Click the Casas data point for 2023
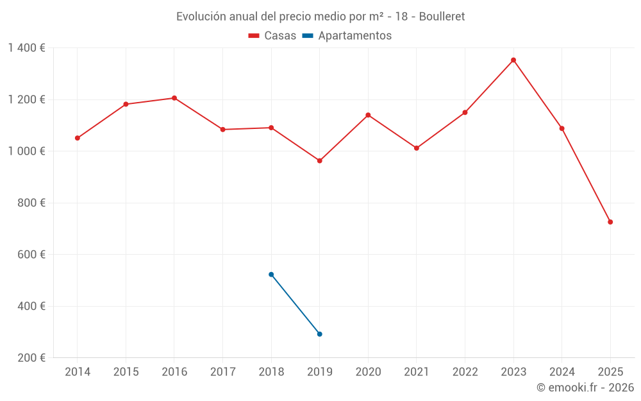(x=513, y=60)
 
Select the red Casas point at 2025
(x=610, y=222)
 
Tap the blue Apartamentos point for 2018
(x=271, y=275)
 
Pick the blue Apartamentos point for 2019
(x=320, y=334)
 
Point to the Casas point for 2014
(x=78, y=138)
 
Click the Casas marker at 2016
(x=174, y=98)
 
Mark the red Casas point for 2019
(x=320, y=161)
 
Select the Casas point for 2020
(x=368, y=115)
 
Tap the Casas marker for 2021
(x=417, y=148)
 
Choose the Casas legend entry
(x=272, y=36)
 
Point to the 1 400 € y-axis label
(x=26, y=48)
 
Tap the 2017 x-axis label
(x=222, y=372)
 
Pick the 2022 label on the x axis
(x=465, y=372)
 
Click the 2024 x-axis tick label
(x=562, y=372)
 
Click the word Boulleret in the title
(x=442, y=17)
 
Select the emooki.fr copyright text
(x=585, y=388)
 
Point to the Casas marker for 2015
(x=126, y=104)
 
